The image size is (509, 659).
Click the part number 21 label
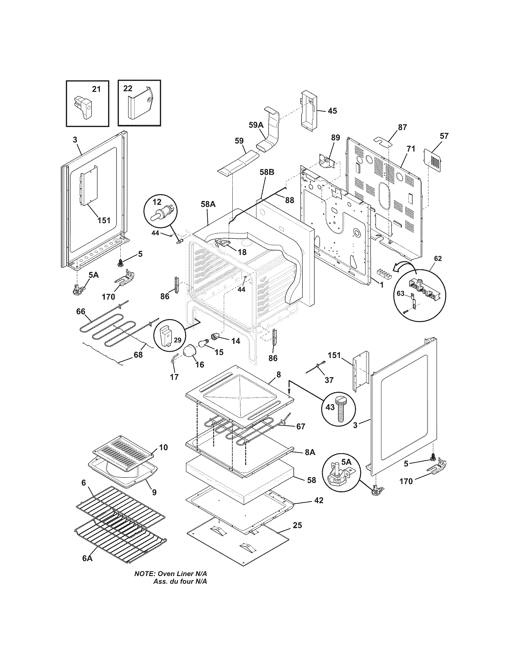(96, 89)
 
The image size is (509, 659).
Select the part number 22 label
(128, 88)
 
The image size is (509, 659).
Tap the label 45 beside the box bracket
(332, 111)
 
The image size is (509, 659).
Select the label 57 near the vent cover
(444, 136)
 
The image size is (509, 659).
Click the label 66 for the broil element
(81, 312)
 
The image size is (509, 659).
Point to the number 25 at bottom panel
(297, 525)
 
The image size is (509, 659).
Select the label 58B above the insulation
(267, 181)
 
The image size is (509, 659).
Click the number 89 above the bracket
(335, 138)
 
